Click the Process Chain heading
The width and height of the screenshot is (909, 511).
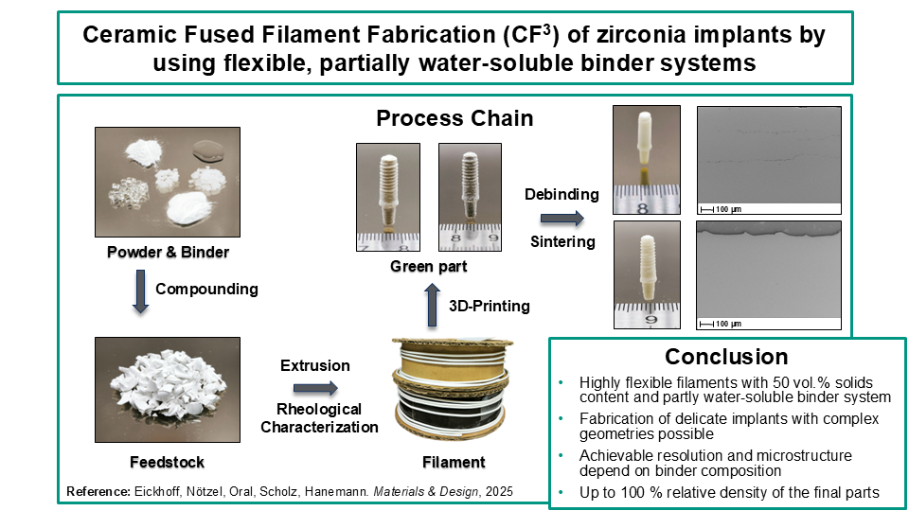pos(454,118)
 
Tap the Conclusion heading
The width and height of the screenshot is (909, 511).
pos(726,357)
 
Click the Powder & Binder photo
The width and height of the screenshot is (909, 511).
pos(168,182)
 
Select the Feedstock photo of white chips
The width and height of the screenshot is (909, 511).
pos(168,390)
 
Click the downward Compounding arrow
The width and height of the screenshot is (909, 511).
pos(140,291)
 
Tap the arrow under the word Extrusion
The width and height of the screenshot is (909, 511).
pos(315,388)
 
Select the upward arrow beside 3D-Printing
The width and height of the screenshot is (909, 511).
pos(432,306)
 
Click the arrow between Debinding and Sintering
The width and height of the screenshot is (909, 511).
pos(562,219)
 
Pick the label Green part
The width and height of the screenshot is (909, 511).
pos(428,267)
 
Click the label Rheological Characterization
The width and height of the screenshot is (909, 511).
pos(319,418)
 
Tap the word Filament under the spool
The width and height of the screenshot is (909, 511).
pos(454,463)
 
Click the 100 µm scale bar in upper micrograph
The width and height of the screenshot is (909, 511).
pos(721,209)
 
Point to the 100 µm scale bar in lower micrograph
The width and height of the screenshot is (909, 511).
pos(721,324)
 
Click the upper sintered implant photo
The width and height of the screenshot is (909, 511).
pos(647,160)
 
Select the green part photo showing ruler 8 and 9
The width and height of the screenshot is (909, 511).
pos(471,198)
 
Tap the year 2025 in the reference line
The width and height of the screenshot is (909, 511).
pos(499,492)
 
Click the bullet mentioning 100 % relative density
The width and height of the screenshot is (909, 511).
pos(729,493)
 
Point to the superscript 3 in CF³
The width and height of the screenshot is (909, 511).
pos(546,27)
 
